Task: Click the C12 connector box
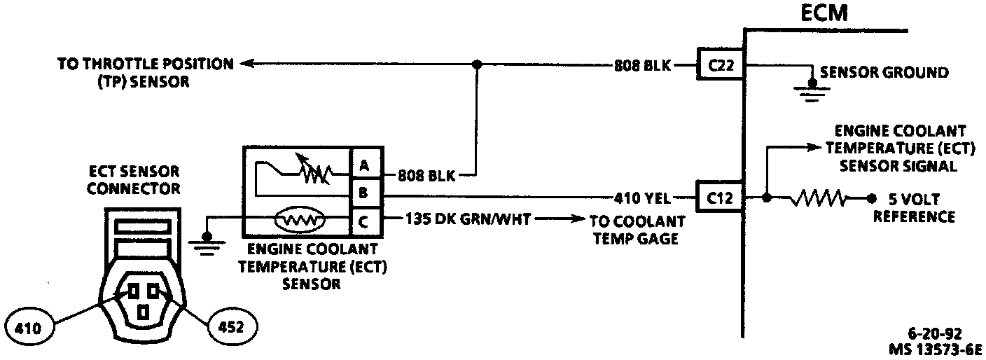pos(721,198)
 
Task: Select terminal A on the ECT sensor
pos(364,165)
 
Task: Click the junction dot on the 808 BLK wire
pos(477,64)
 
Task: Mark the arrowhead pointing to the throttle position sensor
pos(246,64)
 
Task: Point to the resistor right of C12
pos(819,198)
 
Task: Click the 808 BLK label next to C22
pos(643,66)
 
